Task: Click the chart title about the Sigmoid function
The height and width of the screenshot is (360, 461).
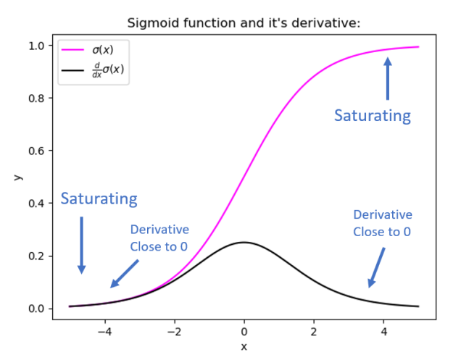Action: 244,23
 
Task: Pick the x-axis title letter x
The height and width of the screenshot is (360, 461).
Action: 244,346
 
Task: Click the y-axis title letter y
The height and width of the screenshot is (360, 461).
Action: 16,176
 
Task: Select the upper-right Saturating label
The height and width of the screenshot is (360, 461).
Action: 372,116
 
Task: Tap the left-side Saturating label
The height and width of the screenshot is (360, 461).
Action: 99,198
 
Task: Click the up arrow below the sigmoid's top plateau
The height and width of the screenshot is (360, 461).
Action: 388,79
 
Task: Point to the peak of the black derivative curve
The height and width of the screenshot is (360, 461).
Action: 244,242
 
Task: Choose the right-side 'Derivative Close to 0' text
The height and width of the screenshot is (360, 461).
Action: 382,223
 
